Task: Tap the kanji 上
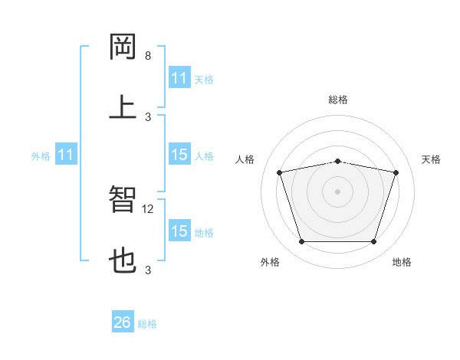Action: click(x=123, y=106)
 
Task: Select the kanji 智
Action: click(x=123, y=198)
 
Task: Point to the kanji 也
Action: click(x=123, y=259)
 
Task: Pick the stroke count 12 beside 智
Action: click(x=149, y=208)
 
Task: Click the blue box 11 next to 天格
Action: click(x=179, y=78)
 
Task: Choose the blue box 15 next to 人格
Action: click(x=179, y=155)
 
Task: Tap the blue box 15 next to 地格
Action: click(x=179, y=231)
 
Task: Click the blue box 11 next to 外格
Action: click(x=66, y=155)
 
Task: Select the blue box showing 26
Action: click(x=123, y=322)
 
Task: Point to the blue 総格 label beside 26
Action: click(x=147, y=324)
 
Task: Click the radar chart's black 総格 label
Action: click(x=338, y=100)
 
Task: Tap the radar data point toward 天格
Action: click(x=396, y=173)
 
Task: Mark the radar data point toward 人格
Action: click(x=280, y=173)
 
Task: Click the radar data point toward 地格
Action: click(x=373, y=242)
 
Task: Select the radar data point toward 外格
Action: click(x=302, y=242)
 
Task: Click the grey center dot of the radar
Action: click(x=338, y=191)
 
